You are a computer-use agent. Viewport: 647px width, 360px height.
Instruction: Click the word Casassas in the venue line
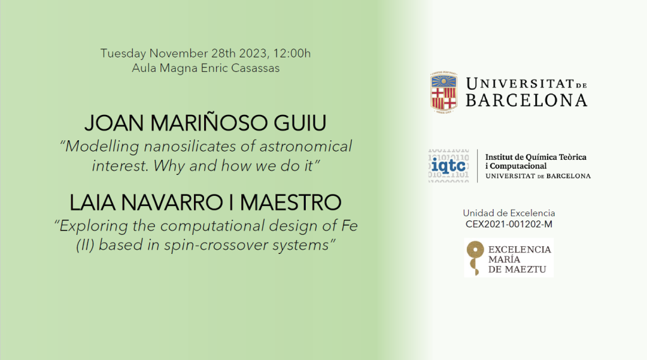(x=255, y=68)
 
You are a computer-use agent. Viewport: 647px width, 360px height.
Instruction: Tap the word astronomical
(x=306, y=147)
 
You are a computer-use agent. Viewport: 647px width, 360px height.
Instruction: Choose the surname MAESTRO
(x=291, y=203)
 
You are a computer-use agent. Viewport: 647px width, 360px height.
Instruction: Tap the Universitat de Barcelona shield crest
(x=444, y=92)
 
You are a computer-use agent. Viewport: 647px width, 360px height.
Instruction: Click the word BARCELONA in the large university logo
(x=526, y=100)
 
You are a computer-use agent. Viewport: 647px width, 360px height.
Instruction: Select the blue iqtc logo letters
(x=449, y=166)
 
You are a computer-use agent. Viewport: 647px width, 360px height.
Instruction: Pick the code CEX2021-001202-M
(x=509, y=224)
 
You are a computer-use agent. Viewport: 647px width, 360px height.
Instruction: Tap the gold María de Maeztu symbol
(x=475, y=258)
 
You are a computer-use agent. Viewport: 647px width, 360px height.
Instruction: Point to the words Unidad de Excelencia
(x=509, y=213)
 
